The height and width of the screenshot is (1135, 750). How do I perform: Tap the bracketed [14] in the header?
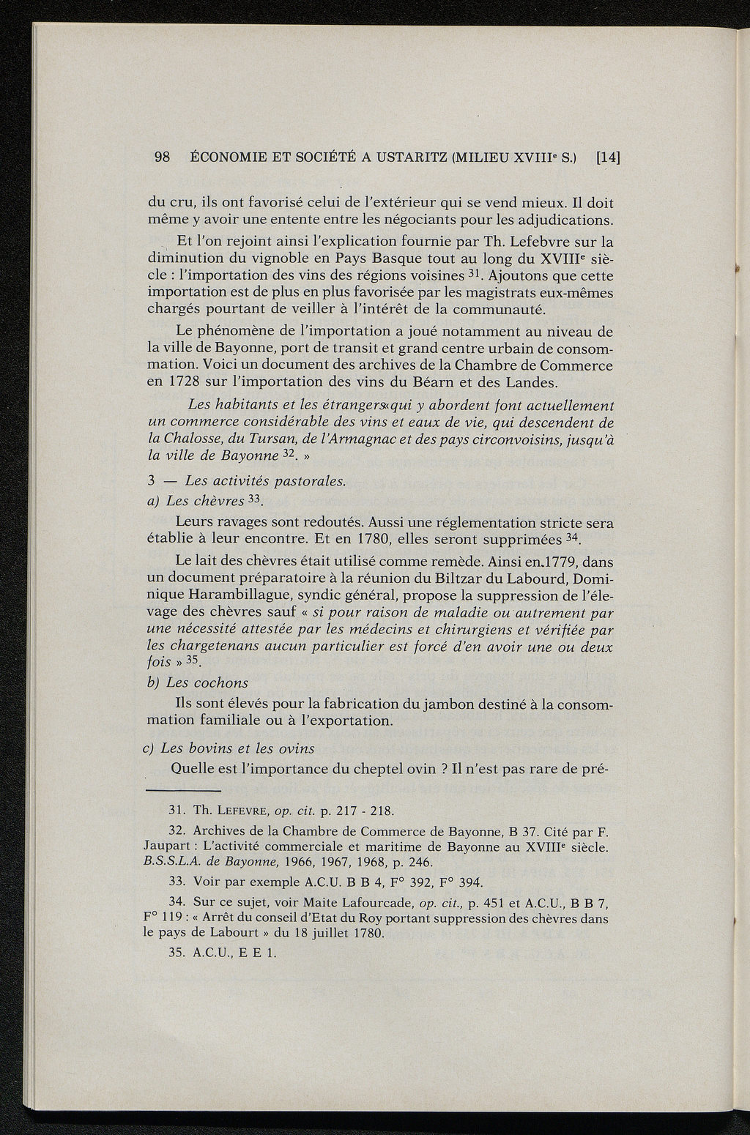(x=608, y=157)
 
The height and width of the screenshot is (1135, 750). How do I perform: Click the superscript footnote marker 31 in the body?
(x=475, y=273)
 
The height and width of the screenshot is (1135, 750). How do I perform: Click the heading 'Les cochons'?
(x=207, y=682)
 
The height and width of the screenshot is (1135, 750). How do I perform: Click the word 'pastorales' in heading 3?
(x=305, y=480)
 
